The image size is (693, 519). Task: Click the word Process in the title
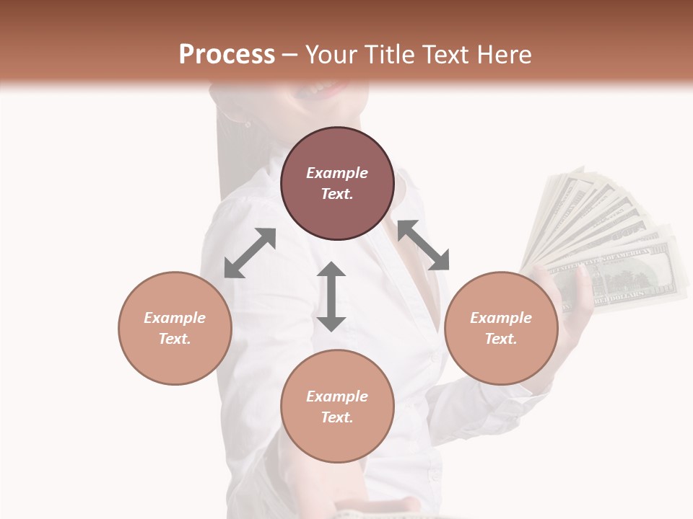click(227, 54)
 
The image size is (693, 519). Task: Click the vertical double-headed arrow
click(331, 296)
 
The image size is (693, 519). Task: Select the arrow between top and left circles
click(250, 253)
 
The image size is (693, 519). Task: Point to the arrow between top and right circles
click(423, 245)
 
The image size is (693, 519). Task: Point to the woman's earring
click(247, 124)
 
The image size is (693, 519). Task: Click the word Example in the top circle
click(337, 173)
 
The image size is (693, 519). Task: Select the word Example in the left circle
click(175, 318)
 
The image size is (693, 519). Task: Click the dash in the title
click(290, 56)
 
